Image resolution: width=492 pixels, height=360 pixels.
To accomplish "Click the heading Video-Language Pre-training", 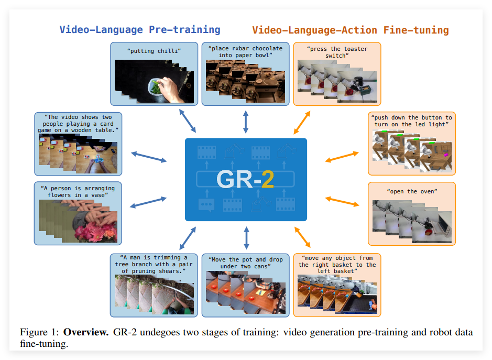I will coord(140,29).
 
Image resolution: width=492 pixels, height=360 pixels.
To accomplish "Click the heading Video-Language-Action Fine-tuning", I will coord(351,29).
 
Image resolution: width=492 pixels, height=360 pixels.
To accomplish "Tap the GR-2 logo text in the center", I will coord(245,179).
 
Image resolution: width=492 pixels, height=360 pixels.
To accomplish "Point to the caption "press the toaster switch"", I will coord(337,52).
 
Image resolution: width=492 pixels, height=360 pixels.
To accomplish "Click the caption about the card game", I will coord(78,123).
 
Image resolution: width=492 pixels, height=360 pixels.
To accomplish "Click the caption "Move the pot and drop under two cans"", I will coord(245,263).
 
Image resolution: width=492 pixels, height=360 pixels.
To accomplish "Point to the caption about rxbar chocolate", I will coord(245,52).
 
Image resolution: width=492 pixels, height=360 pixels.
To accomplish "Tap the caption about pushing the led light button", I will coord(411,121).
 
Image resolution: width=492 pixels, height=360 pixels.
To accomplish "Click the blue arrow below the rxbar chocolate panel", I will coord(246,121).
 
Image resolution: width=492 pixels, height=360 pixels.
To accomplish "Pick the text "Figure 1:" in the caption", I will coord(40,333).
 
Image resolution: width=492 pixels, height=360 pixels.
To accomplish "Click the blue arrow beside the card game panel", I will coord(149,156).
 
